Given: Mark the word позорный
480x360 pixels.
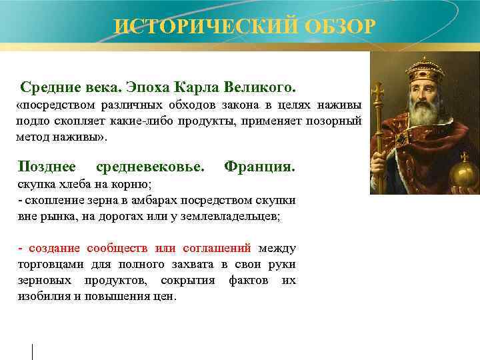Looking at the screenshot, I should [334, 121].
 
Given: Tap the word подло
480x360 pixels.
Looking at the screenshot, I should [33, 121].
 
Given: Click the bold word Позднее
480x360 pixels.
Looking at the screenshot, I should [47, 165].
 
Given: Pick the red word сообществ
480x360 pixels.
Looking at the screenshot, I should [113, 249].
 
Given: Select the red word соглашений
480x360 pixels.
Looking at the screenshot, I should [213, 249].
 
